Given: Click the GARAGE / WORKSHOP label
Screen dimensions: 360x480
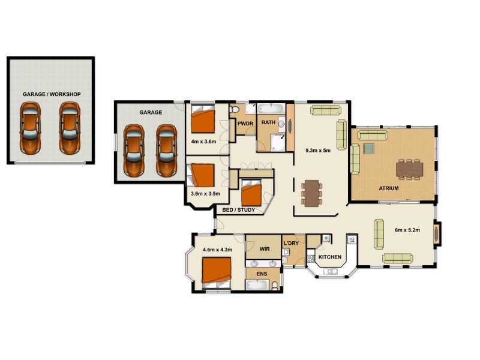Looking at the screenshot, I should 52,95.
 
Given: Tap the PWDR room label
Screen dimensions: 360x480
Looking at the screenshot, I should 245,124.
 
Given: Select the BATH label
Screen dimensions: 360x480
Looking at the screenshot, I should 268,122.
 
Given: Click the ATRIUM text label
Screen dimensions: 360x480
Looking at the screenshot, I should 389,188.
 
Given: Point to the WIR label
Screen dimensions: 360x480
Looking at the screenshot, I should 264,248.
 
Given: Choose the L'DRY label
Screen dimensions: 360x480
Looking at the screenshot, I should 291,243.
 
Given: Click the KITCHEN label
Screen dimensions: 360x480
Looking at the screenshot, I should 329,257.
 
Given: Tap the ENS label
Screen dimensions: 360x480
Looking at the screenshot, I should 262,274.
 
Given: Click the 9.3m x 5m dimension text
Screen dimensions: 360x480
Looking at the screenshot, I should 318,150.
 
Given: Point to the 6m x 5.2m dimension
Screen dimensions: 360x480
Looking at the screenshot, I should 407,230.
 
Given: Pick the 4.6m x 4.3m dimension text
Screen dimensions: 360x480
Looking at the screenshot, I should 217,250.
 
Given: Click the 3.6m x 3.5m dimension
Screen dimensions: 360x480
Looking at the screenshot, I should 205,194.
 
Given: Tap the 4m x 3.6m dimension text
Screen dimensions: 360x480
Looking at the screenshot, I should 203,142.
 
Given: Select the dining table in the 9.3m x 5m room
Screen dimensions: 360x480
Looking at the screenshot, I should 311,193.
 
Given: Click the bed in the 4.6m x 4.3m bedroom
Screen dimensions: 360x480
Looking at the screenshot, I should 215,272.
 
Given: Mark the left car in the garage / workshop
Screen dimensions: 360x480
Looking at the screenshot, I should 30,127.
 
